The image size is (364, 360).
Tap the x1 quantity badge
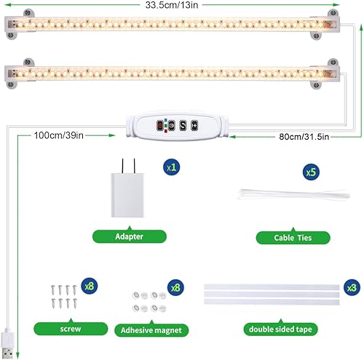172,167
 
